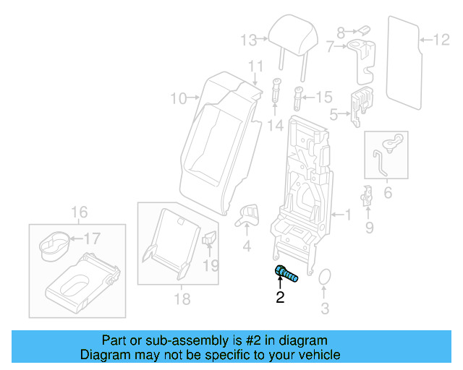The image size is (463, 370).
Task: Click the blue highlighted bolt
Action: [286, 274]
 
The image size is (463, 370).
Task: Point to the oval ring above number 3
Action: [324, 278]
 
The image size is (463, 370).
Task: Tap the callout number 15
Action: [323, 96]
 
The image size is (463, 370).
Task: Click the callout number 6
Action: [387, 192]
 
